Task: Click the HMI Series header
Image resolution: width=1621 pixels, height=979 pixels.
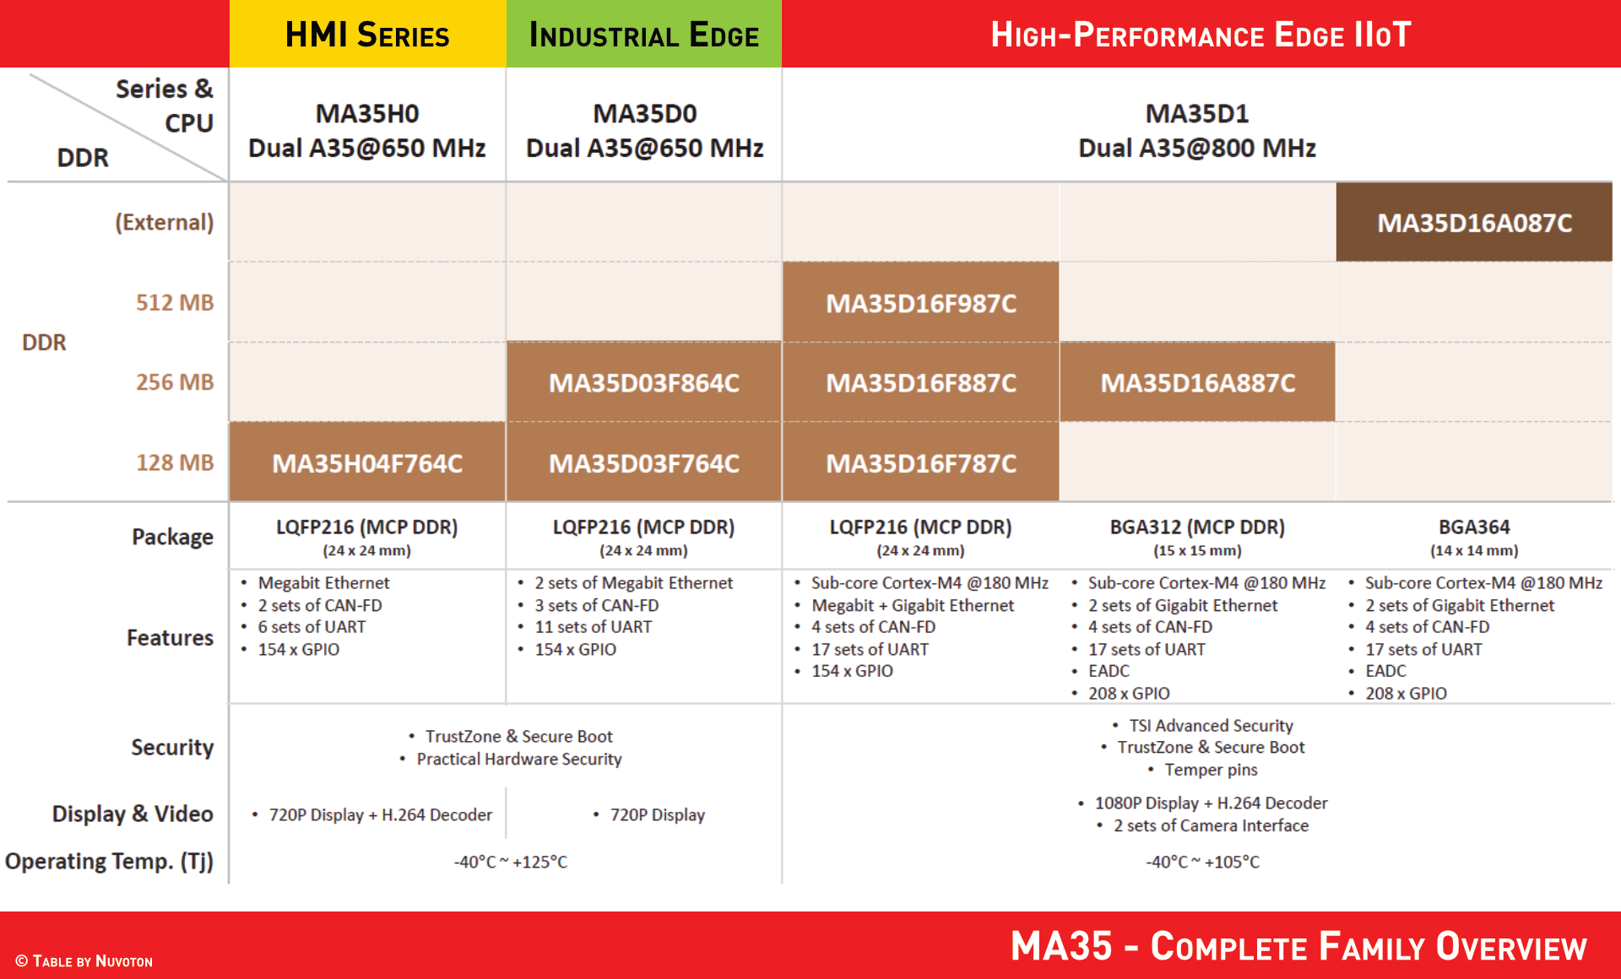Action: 367,34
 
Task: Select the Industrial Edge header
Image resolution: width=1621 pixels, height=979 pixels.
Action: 644,34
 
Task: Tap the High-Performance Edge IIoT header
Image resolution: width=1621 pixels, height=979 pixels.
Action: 1201,34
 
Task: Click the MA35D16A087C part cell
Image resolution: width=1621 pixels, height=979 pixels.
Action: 1474,223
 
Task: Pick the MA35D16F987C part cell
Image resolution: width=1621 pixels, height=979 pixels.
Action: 921,302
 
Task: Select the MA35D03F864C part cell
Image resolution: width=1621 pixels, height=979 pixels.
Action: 644,382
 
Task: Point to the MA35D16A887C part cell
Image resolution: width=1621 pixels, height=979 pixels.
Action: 1197,382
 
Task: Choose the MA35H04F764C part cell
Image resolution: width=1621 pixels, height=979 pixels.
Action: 367,462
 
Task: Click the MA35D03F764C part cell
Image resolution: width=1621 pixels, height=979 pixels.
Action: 644,462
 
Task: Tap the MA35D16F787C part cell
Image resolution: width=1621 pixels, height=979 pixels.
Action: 921,462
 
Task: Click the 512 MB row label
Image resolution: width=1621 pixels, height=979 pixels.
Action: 175,302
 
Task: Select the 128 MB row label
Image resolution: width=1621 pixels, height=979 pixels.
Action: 175,462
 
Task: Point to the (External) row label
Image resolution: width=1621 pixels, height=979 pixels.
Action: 164,222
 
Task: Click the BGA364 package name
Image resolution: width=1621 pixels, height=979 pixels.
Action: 1474,527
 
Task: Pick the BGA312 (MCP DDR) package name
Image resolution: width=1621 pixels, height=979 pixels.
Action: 1197,527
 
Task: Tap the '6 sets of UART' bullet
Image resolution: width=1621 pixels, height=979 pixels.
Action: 312,627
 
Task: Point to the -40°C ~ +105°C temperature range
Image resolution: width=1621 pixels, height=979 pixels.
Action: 1202,862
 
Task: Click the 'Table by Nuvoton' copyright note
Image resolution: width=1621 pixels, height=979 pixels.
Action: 84,961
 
